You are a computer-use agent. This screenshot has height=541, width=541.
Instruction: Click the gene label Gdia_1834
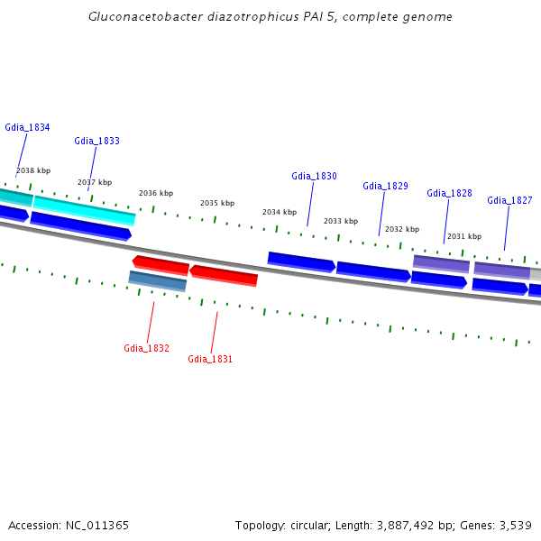coord(27,127)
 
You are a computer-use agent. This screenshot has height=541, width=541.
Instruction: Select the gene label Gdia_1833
coord(96,141)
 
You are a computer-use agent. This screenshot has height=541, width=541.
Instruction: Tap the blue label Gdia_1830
coord(314,176)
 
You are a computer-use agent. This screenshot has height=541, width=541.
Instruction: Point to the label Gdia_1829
coord(385,186)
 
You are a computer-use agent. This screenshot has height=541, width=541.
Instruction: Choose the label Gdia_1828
coord(449,193)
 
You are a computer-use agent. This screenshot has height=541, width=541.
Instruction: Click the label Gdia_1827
coord(509,200)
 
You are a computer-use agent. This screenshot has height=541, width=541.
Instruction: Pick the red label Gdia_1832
coord(146,348)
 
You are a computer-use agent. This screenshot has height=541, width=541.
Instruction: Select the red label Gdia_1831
coord(210,359)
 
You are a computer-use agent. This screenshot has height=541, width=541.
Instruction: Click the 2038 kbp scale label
coord(33,170)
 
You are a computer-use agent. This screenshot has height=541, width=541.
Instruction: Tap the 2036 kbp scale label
coord(155,193)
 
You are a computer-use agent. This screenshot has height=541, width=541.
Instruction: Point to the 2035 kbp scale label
coord(216,203)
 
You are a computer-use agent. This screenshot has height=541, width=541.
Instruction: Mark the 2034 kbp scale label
coord(279,212)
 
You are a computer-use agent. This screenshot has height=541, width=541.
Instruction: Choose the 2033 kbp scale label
coord(340,221)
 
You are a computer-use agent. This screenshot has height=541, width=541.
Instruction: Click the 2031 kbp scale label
coord(463,236)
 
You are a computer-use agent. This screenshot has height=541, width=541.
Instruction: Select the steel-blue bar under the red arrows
coord(158,281)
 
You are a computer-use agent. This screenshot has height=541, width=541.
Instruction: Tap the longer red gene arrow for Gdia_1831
coord(224,275)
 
